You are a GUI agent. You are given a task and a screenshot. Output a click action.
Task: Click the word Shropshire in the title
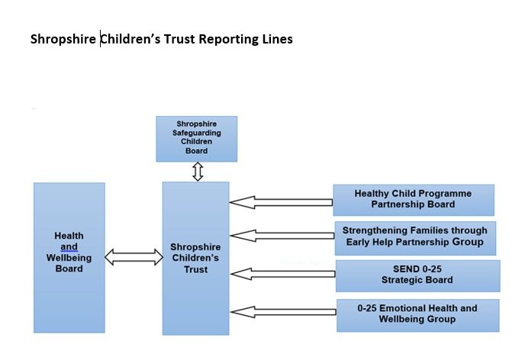tap(63, 39)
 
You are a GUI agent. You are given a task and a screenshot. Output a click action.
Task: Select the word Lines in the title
tap(277, 39)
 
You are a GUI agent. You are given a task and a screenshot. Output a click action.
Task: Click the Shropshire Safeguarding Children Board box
tap(197, 139)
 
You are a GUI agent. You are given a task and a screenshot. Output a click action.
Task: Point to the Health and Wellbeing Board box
tap(69, 258)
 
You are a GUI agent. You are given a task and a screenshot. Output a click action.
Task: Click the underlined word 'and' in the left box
tap(69, 247)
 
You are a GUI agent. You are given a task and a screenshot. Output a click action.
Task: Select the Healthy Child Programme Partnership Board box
tap(414, 201)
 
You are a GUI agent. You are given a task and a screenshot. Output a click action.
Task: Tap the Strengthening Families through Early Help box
tap(415, 238)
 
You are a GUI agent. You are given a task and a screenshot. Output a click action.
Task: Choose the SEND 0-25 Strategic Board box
tap(417, 276)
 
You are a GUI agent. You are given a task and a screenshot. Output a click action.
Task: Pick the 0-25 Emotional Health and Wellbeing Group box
tap(417, 316)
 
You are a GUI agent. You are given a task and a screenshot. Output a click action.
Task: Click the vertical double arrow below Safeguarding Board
tap(198, 172)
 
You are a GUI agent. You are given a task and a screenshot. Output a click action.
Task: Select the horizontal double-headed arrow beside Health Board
tap(134, 257)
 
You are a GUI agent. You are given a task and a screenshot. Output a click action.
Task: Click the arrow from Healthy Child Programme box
tap(281, 202)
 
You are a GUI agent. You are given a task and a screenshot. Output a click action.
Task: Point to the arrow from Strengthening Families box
tap(282, 236)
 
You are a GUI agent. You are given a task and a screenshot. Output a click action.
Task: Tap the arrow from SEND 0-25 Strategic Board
tap(282, 274)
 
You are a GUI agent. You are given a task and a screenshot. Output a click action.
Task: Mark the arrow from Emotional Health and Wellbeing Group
tap(283, 312)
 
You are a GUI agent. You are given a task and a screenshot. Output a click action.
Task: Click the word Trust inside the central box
tap(195, 269)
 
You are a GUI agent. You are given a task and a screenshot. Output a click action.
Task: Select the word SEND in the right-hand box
tap(404, 268)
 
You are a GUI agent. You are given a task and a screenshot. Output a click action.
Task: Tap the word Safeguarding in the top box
tap(197, 133)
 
